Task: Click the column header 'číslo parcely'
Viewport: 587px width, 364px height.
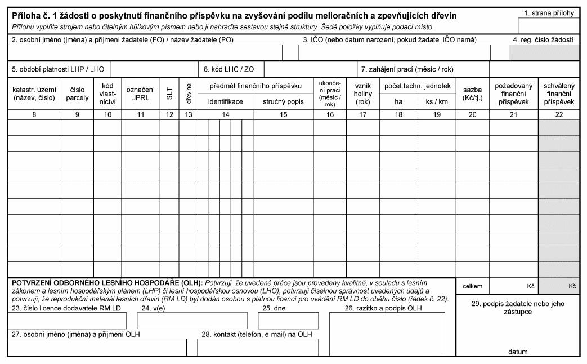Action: coord(78,94)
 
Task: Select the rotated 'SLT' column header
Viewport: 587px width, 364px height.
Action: coord(169,94)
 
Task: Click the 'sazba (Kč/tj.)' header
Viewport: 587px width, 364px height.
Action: coord(472,94)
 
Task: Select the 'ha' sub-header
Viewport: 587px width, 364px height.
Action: coord(398,102)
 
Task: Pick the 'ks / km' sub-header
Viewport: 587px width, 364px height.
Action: coord(436,102)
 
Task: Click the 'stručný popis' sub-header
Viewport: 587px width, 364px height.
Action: coord(283,102)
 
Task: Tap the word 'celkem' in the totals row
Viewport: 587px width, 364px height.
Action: coord(472,286)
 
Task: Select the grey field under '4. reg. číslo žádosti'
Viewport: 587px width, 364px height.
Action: coord(544,52)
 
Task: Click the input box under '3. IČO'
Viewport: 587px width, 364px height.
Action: coord(394,52)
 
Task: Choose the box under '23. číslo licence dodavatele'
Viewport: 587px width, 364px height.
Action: coord(66,320)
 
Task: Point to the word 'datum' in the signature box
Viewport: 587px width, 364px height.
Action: coord(517,352)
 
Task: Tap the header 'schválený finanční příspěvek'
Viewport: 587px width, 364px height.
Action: coord(558,94)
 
